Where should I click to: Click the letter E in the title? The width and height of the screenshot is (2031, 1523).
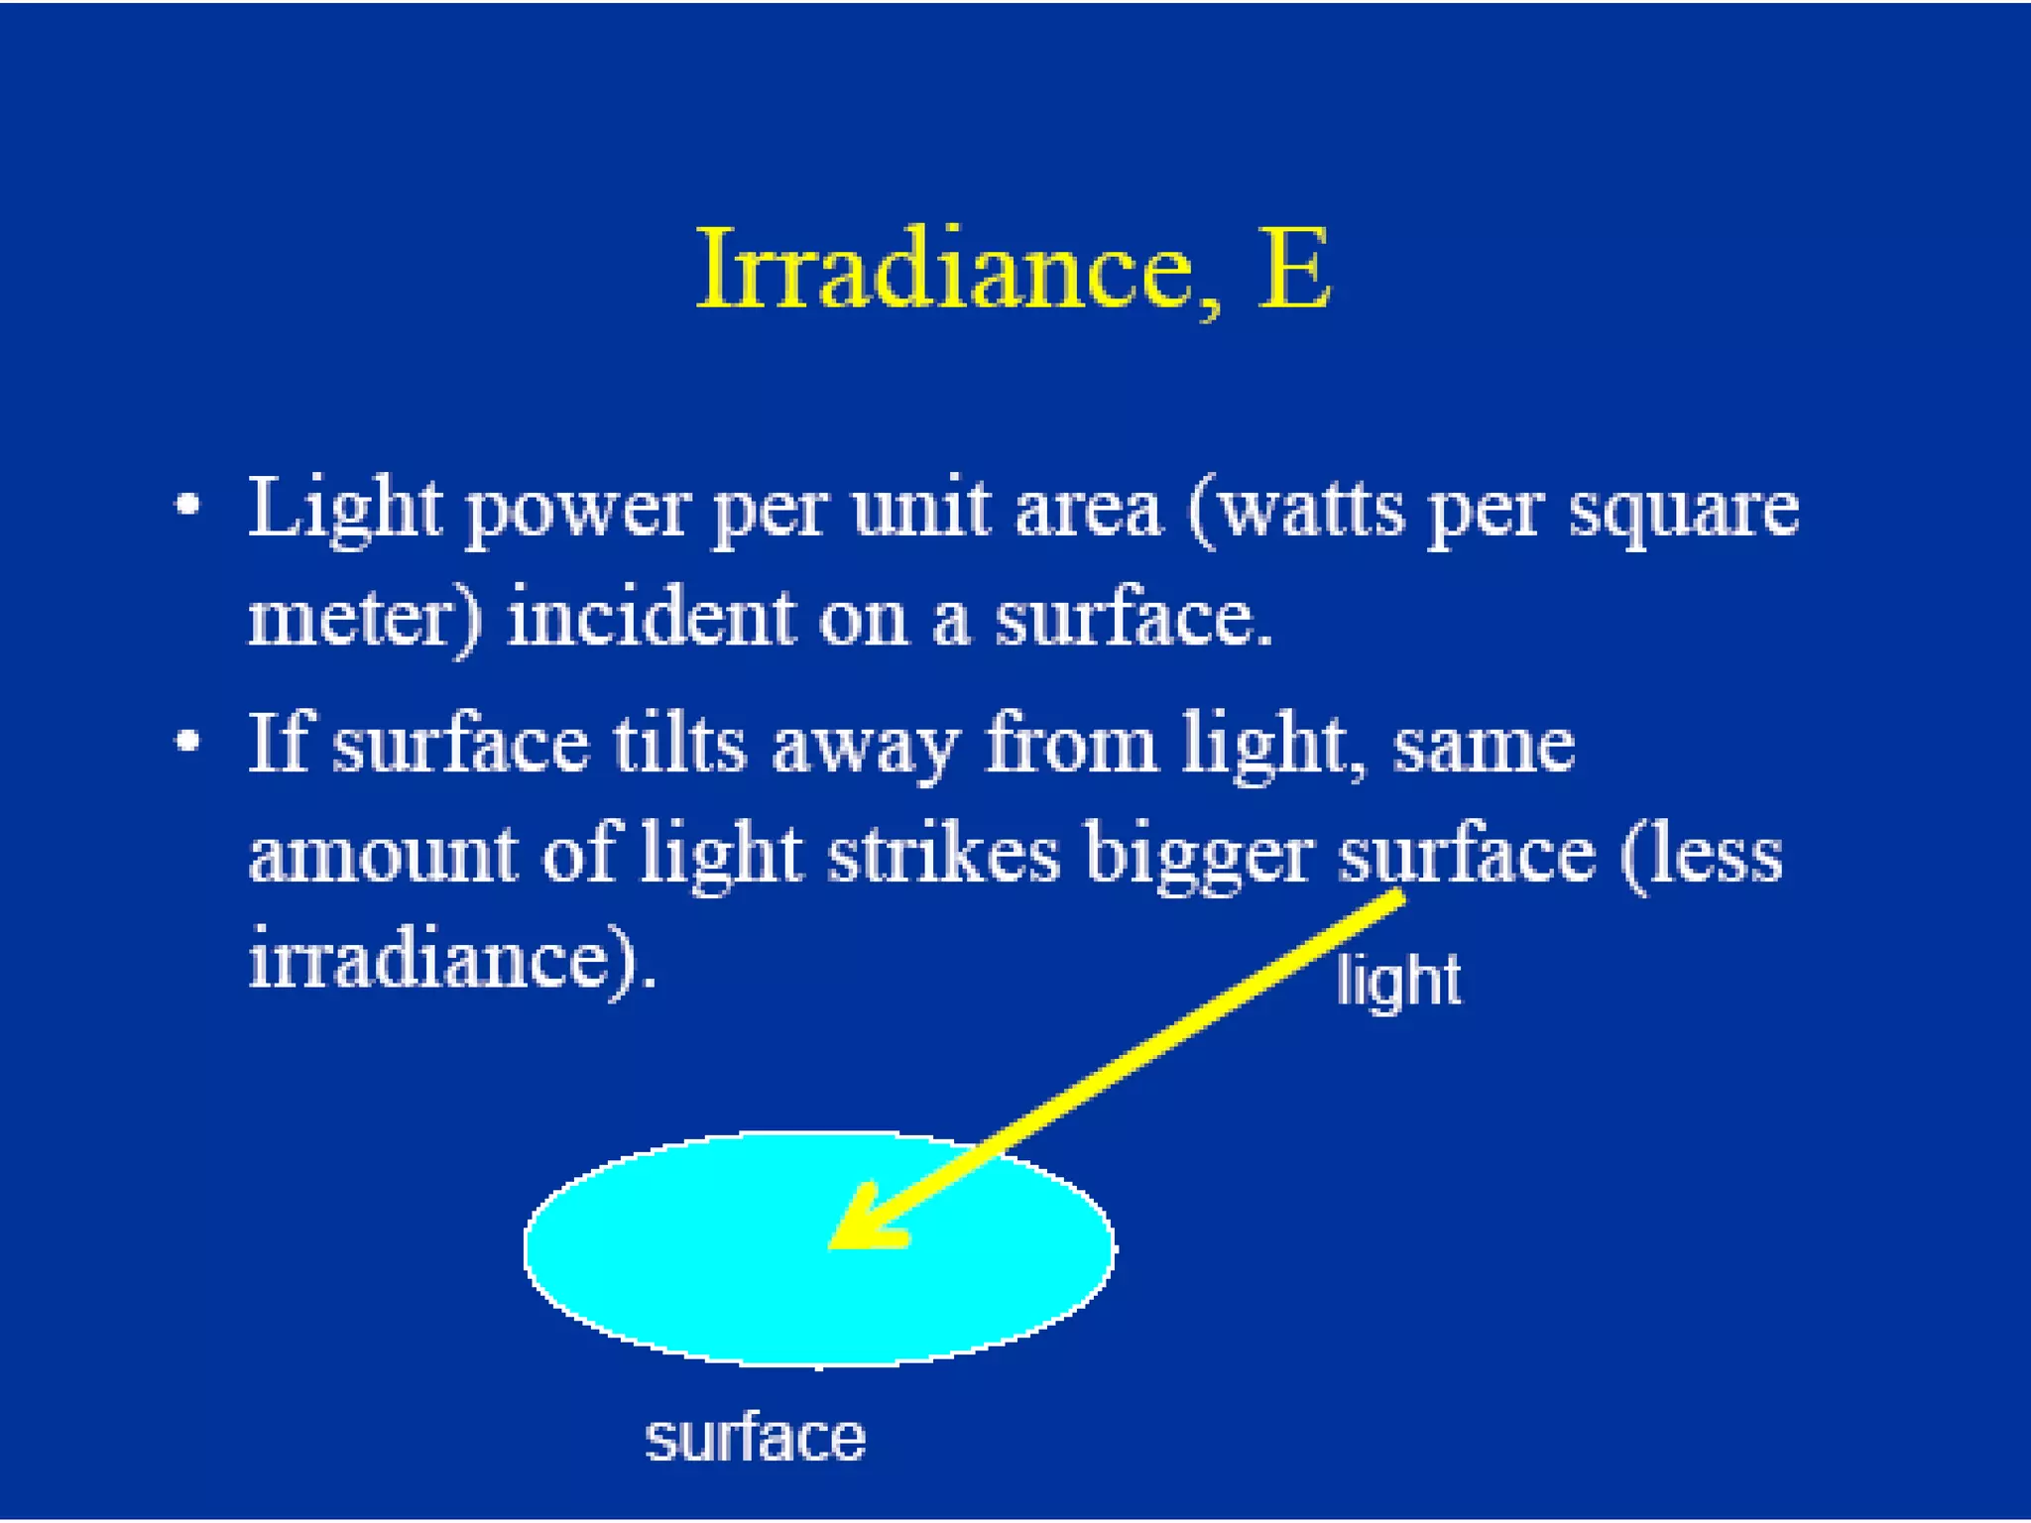[1293, 270]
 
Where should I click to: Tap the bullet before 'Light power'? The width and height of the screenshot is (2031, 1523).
[187, 506]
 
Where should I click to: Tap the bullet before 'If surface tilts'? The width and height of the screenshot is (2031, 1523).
[187, 742]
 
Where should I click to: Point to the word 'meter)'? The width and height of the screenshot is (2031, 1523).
[364, 620]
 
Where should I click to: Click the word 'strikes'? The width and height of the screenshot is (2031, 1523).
[943, 854]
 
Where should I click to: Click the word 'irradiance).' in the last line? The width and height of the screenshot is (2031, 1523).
[451, 960]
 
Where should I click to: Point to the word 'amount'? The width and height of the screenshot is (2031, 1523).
[382, 857]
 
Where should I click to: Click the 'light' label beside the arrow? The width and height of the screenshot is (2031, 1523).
[1397, 982]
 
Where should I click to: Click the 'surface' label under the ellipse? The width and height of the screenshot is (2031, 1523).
[755, 1439]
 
